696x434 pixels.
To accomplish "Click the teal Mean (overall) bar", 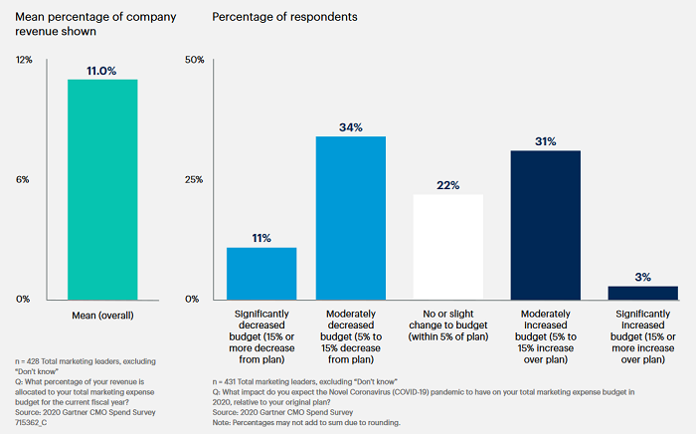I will pos(102,189).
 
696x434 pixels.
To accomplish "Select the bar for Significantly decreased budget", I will pos(261,273).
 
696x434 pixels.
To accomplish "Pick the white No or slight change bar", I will pos(447,246).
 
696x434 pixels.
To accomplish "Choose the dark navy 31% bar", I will pos(545,224).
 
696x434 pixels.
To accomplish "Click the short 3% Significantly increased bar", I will pos(641,292).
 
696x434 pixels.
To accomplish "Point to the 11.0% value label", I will pos(102,71).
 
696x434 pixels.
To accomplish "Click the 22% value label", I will pos(447,185).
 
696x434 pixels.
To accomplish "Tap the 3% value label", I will pos(641,277).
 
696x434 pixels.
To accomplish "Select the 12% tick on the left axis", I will pos(25,60).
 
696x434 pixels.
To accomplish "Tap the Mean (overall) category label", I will pos(102,315).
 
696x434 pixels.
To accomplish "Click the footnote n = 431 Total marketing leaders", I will pos(297,381).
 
